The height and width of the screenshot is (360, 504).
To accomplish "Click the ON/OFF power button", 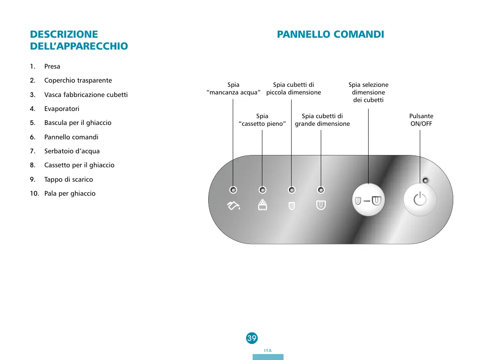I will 419,200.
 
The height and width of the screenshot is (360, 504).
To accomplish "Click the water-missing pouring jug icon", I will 233,206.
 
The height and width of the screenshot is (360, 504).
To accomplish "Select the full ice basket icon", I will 263,205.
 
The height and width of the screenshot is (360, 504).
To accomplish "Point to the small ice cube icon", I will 291,206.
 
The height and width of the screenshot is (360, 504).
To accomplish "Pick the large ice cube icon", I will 321,205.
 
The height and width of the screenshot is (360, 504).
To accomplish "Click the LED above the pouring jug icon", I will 233,190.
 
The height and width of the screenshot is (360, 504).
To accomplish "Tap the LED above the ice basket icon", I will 263,190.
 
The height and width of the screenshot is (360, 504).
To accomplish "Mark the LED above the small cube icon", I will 291,190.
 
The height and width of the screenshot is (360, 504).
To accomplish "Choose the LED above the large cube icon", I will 321,190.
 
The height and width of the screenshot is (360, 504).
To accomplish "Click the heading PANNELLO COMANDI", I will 330,34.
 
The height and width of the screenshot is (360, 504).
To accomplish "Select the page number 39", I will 252,338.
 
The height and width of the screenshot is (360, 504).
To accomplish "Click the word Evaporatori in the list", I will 62,109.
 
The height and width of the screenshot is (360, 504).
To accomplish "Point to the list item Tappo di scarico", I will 69,180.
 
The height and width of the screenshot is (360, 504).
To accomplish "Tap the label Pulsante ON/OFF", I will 421,120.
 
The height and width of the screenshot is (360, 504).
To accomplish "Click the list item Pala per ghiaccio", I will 70,194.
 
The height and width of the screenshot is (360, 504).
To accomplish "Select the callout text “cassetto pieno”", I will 262,124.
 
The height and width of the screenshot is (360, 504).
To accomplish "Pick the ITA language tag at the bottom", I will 267,351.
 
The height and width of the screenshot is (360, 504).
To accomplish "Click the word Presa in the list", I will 52,66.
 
